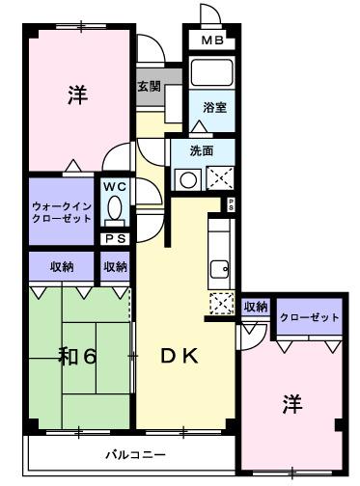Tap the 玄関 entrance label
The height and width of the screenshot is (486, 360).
(149, 86)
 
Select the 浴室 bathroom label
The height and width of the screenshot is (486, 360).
(215, 108)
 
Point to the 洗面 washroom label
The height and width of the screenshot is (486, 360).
(201, 150)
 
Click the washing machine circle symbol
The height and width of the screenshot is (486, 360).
(185, 176)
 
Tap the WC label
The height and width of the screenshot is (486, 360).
(116, 186)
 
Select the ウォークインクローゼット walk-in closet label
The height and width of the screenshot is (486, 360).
(62, 211)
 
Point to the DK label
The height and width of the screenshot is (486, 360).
(180, 357)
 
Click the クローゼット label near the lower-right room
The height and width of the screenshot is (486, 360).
(309, 317)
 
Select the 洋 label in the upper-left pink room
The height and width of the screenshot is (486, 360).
(77, 95)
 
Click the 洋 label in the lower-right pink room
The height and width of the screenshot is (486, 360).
(291, 405)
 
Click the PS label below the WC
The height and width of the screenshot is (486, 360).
(115, 239)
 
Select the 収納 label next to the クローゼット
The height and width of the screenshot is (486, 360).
(255, 307)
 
